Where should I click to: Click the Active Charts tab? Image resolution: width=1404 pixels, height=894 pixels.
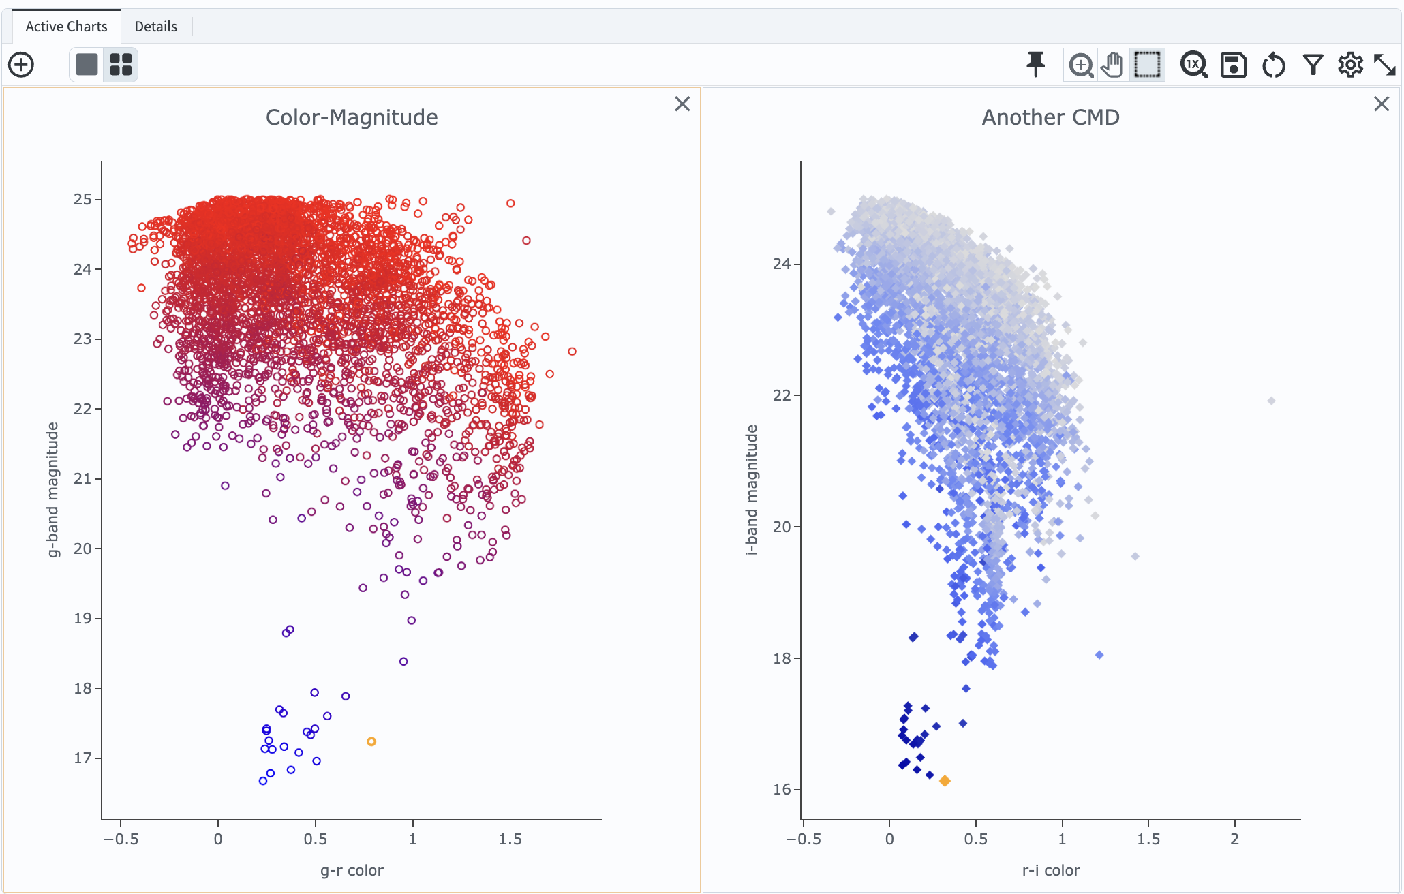pyautogui.click(x=66, y=27)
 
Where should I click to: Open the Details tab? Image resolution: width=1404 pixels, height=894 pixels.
pyautogui.click(x=155, y=27)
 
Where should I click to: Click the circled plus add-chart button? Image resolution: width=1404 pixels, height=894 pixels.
pyautogui.click(x=21, y=65)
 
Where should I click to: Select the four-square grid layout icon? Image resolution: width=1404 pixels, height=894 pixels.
pyautogui.click(x=121, y=65)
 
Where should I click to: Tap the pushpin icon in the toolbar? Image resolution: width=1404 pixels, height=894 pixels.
pyautogui.click(x=1035, y=65)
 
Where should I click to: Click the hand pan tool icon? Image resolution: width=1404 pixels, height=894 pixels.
pyautogui.click(x=1112, y=65)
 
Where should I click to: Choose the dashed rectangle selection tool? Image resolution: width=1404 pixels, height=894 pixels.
pyautogui.click(x=1147, y=65)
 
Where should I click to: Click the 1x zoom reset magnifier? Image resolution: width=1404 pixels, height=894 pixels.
pyautogui.click(x=1193, y=65)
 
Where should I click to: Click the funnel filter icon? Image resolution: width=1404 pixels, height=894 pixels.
pyautogui.click(x=1313, y=65)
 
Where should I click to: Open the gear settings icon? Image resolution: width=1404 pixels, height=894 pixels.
pyautogui.click(x=1349, y=65)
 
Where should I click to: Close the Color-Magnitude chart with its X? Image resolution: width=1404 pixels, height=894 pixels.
pyautogui.click(x=682, y=104)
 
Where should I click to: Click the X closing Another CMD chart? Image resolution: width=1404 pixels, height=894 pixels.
pyautogui.click(x=1382, y=104)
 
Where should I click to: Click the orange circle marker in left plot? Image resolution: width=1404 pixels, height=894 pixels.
pyautogui.click(x=371, y=741)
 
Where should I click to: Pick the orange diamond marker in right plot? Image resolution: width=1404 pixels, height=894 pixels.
pyautogui.click(x=945, y=781)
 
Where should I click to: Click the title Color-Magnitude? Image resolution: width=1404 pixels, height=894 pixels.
pyautogui.click(x=352, y=117)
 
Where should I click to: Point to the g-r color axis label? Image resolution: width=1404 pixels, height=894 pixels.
pyautogui.click(x=352, y=870)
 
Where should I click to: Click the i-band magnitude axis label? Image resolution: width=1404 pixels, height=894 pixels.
pyautogui.click(x=751, y=490)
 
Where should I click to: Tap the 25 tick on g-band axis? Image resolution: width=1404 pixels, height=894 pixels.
pyautogui.click(x=82, y=199)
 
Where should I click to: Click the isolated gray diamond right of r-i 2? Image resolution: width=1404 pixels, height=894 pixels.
pyautogui.click(x=1271, y=401)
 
